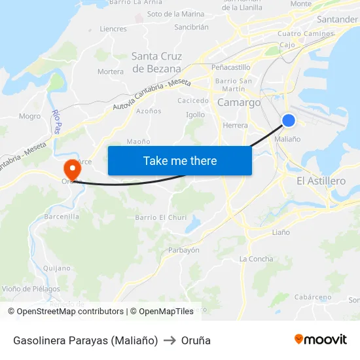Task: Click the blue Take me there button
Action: [180, 160]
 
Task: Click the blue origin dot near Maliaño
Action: [289, 120]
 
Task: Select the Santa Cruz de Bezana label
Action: [156, 62]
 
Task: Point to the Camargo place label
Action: [238, 103]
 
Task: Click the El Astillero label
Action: [321, 181]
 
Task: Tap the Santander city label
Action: [337, 20]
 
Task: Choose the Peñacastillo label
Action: [230, 67]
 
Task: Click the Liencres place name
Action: [113, 29]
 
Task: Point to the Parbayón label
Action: [183, 250]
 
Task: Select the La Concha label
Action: [256, 259]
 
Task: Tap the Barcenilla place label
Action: [62, 217]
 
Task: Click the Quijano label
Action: [56, 268]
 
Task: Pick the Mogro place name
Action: [29, 117]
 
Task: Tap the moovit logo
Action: [320, 340]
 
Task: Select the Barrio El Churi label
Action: [160, 217]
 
